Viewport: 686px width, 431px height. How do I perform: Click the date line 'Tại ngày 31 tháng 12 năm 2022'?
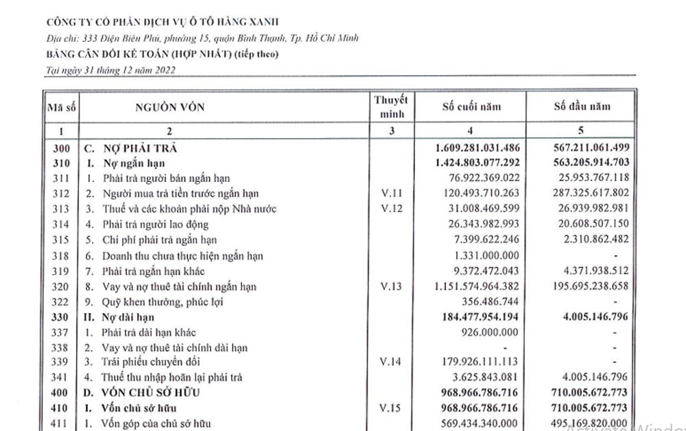coord(109,70)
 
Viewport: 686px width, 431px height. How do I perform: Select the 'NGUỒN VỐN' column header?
coord(169,107)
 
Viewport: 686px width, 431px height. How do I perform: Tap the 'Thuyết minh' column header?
coord(391,107)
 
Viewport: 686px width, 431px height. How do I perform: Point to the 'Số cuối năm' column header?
coord(471,107)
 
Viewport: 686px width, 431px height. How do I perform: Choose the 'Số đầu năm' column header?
coord(582,107)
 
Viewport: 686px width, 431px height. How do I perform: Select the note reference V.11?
coord(391,194)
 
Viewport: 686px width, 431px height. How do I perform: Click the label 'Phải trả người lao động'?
coord(155,224)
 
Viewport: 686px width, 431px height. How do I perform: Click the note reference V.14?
coord(391,362)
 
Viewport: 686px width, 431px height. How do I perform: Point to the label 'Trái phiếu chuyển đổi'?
coord(149,362)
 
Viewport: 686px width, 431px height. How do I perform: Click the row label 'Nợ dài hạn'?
coord(128,317)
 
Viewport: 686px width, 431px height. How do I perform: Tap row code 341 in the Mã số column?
coord(62,377)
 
